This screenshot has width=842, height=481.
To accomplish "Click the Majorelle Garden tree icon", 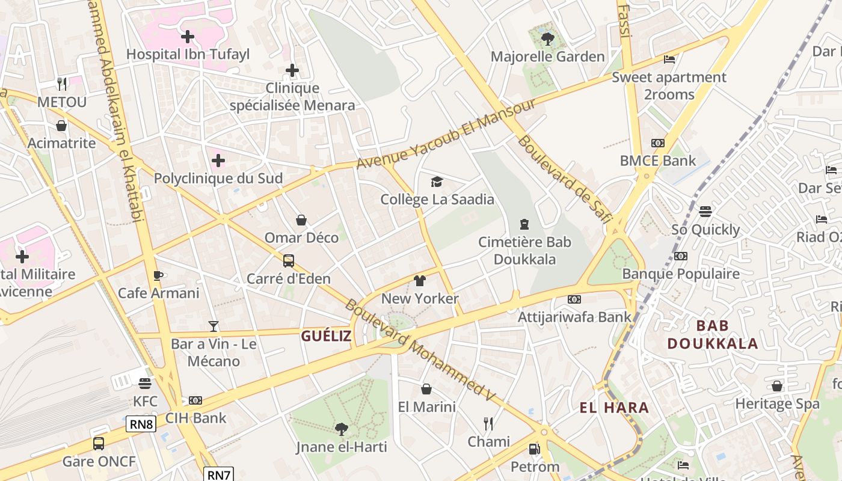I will [547, 39].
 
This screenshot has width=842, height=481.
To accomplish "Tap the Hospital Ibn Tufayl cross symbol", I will [188, 37].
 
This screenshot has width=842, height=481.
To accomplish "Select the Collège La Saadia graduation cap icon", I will [437, 182].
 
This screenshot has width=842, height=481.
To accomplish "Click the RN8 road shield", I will [141, 424].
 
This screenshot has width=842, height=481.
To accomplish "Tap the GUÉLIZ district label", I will [326, 336].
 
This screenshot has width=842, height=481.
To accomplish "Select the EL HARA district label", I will [614, 408].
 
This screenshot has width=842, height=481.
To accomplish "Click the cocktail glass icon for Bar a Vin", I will [213, 326].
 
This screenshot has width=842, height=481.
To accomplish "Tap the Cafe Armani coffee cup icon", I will [158, 275].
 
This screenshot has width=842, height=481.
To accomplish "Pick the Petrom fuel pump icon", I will [534, 449].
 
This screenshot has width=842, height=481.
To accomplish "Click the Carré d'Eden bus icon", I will [289, 261].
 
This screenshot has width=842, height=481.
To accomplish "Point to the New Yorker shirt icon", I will [419, 281].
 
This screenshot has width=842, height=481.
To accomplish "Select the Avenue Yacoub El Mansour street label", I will [446, 134].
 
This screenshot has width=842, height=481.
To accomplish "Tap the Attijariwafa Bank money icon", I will [574, 299].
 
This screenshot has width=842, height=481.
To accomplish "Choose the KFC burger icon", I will [145, 384].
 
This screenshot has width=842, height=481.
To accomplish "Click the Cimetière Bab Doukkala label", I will [524, 251].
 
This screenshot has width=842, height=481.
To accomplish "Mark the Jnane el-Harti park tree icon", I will [341, 429].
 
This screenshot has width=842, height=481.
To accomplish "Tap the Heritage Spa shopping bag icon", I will [777, 386].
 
